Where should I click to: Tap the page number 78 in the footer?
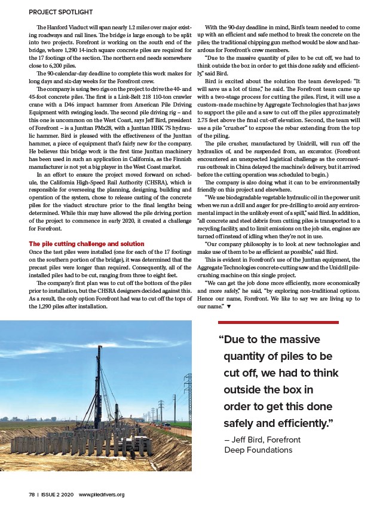[x=32, y=495]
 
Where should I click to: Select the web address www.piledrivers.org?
[x=102, y=495]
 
